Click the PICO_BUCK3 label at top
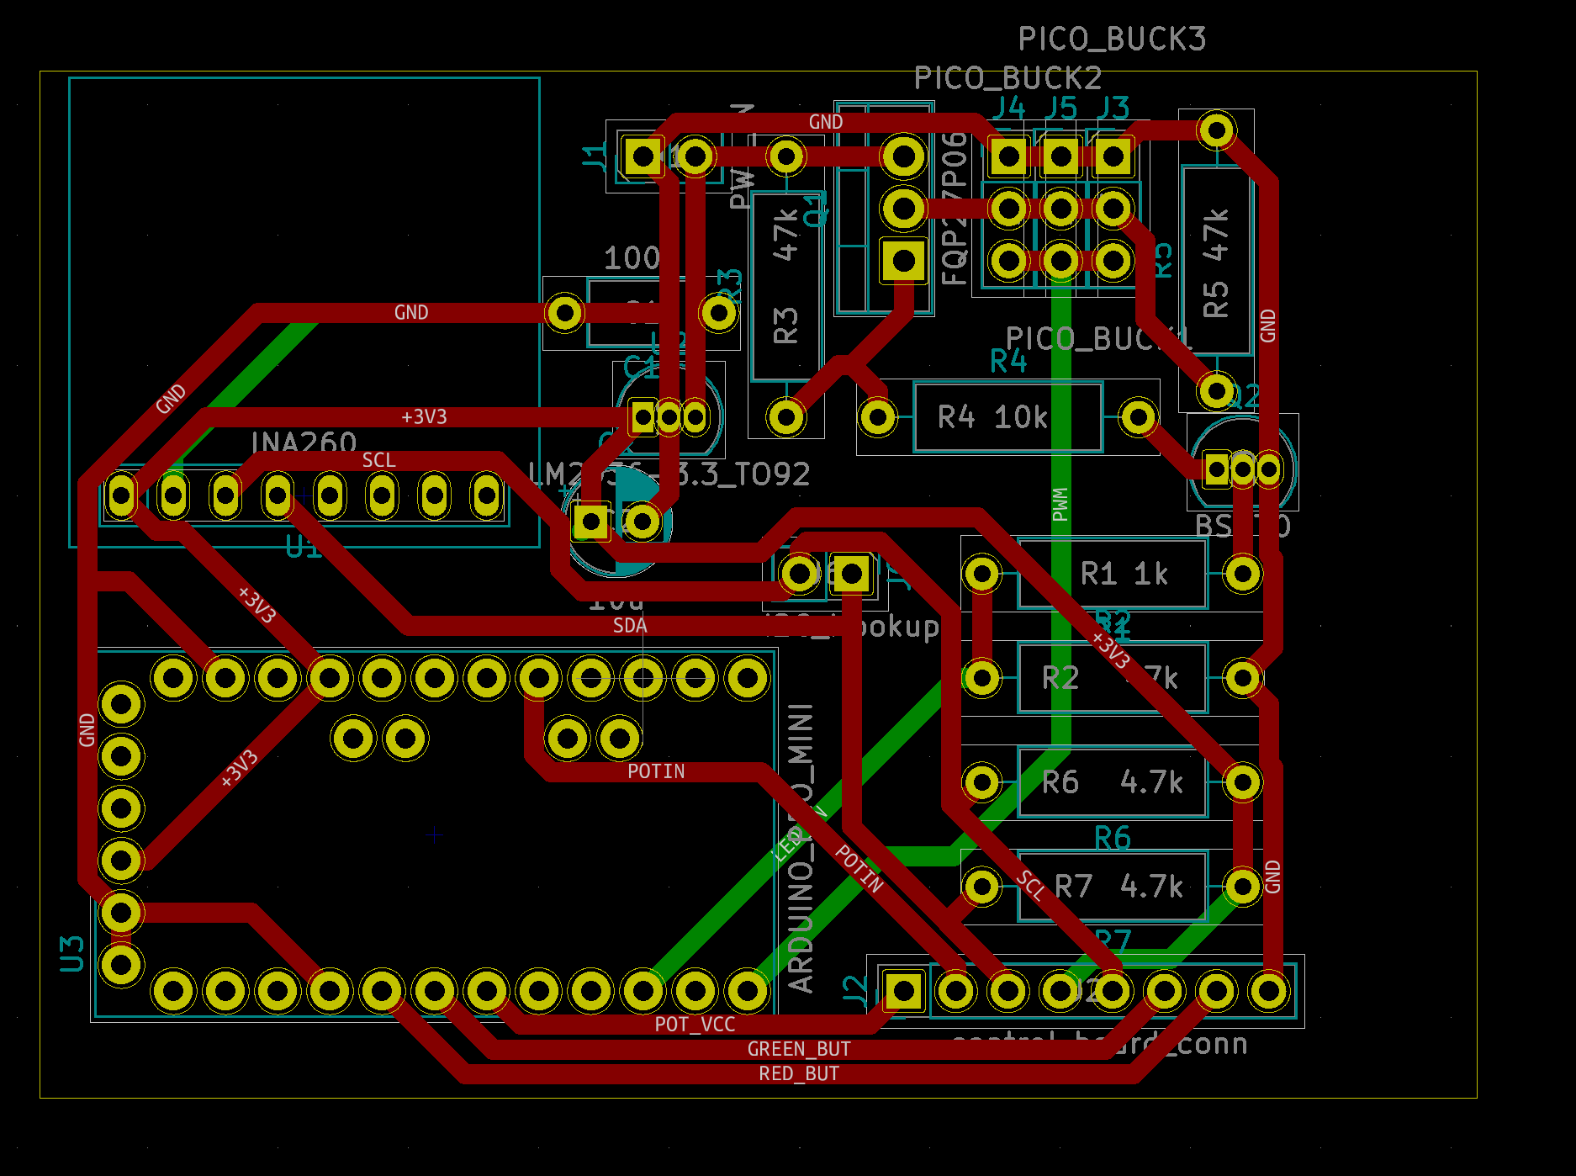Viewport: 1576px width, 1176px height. (1112, 39)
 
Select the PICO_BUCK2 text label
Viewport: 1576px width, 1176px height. (1007, 78)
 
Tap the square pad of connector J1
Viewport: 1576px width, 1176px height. (643, 156)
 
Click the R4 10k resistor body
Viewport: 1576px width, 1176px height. (1007, 417)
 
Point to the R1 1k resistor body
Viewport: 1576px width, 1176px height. (1112, 574)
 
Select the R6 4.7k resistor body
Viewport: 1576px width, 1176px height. (1112, 782)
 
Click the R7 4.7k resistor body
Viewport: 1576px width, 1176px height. (1112, 887)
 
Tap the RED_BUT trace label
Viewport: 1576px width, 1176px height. (799, 1074)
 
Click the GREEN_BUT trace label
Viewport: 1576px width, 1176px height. (799, 1049)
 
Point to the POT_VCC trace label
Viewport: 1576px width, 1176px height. (695, 1024)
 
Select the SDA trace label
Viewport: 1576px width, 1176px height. (630, 626)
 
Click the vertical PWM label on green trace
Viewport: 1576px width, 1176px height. (1060, 505)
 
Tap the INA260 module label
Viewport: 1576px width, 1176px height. (304, 442)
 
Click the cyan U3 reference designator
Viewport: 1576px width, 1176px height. (72, 953)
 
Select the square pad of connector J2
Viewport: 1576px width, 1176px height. (903, 991)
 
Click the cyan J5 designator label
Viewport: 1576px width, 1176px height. (1060, 108)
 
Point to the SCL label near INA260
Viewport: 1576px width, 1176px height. (378, 460)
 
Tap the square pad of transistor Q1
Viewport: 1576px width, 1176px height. (903, 261)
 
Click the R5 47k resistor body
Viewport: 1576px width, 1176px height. (1216, 261)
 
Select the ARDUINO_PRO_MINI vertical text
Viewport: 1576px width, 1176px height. (801, 850)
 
